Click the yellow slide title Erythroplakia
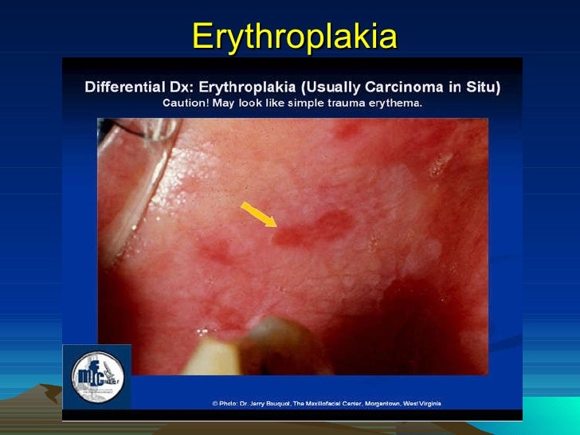pyautogui.click(x=294, y=36)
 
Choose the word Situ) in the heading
pyautogui.click(x=483, y=86)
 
